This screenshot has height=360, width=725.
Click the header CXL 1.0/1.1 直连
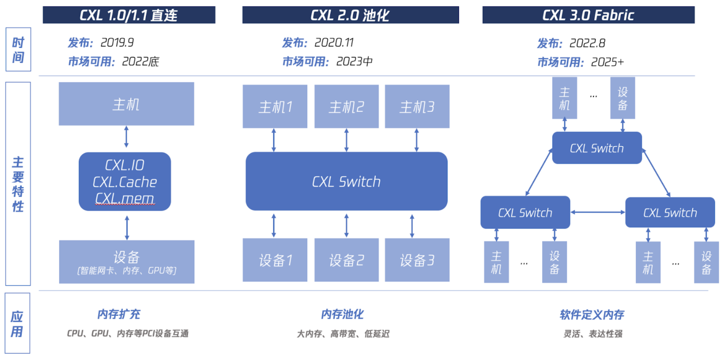click(x=129, y=15)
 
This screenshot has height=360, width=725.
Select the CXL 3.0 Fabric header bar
click(x=588, y=15)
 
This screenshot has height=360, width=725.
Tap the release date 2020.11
click(x=334, y=42)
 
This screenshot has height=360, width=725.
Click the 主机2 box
click(x=346, y=107)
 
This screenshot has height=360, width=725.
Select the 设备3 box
click(x=417, y=260)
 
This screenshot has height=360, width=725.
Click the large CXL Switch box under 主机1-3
click(x=346, y=182)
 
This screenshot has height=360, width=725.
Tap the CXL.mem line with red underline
click(x=125, y=199)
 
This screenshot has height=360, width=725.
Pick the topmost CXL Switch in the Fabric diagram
click(x=596, y=148)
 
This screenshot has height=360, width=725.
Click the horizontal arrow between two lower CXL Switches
click(x=598, y=212)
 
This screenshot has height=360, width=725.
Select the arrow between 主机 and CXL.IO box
click(x=126, y=137)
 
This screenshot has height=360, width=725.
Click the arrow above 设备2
click(x=346, y=225)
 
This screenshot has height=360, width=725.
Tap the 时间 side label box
click(x=18, y=50)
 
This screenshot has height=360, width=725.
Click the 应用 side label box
click(x=17, y=324)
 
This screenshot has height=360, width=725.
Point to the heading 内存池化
click(x=342, y=314)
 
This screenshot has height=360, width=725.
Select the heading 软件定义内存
click(x=591, y=315)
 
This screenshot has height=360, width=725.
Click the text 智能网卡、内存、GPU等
click(x=127, y=270)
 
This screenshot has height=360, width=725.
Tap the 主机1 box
click(x=275, y=107)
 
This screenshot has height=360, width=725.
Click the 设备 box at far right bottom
click(x=706, y=262)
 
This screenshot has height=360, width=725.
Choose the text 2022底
click(x=140, y=61)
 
